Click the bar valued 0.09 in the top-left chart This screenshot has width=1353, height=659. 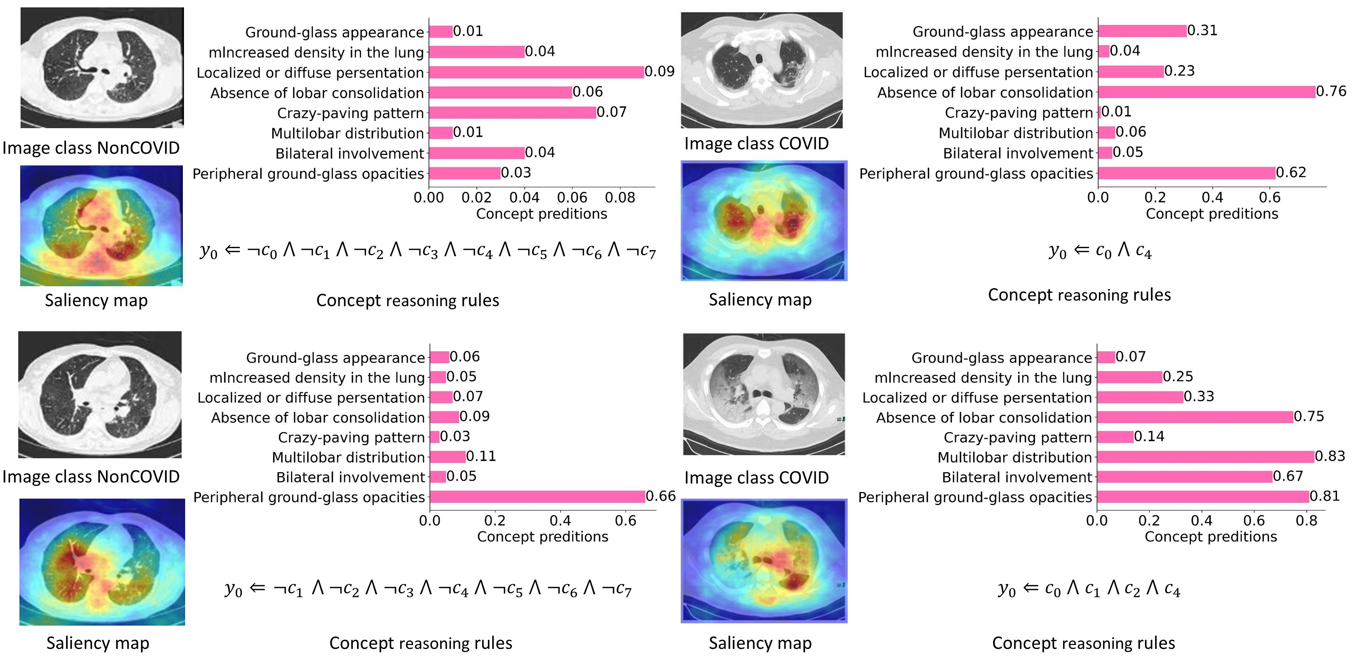[536, 72]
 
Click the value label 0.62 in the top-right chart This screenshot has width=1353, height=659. [1291, 172]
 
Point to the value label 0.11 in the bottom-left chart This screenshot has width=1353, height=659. [480, 456]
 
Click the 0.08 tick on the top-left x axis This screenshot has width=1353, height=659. [620, 198]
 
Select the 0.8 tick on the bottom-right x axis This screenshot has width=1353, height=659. [1306, 521]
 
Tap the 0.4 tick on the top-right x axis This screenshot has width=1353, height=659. [1212, 198]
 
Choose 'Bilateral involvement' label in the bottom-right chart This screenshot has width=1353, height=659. [1016, 477]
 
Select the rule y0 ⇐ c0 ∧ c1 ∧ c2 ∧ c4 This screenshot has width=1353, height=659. [1089, 589]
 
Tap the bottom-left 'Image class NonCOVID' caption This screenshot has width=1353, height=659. [91, 476]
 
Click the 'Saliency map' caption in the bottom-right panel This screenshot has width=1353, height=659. [760, 643]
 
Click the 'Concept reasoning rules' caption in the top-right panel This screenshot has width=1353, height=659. [1079, 295]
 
